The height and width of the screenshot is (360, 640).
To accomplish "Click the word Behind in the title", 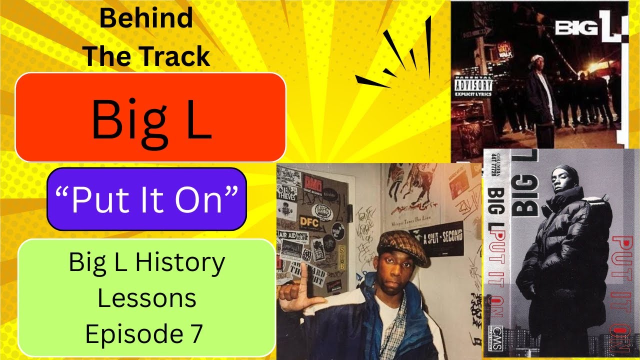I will coord(146,19).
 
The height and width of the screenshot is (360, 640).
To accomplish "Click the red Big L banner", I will coord(150,117).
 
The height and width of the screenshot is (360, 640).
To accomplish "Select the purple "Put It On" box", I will coord(146,199).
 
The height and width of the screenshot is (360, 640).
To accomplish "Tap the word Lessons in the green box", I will coord(146,298).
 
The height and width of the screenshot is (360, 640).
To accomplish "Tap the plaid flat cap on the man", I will coord(402,248).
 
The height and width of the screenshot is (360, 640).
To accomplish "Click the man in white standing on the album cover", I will coord(539,95).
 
